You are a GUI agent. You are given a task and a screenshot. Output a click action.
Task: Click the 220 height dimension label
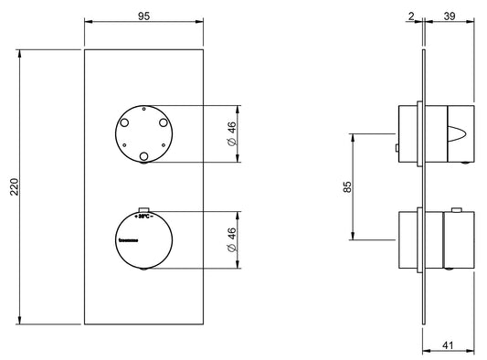coord(11,186)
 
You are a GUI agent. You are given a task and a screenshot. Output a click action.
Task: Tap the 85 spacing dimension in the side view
coord(346,188)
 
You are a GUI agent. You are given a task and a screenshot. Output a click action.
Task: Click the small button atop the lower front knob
coord(144,207)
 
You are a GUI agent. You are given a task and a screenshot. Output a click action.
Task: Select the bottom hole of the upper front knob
coord(144,159)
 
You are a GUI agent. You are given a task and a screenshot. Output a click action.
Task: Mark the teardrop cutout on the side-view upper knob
coord(454,137)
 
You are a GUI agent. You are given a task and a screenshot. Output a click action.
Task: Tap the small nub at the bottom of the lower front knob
coord(144,270)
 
